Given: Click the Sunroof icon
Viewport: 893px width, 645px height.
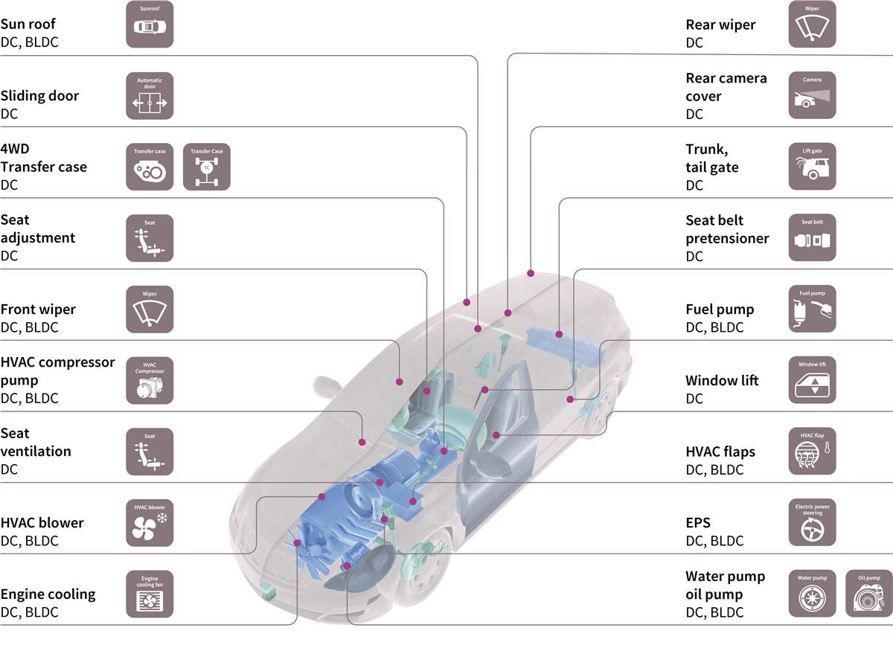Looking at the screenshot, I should pyautogui.click(x=150, y=25).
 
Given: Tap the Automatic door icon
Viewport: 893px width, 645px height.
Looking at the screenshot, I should pyautogui.click(x=150, y=96).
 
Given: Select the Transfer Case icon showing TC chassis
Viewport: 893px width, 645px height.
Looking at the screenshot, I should pyautogui.click(x=207, y=167).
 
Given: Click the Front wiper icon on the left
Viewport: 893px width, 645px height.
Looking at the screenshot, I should pyautogui.click(x=150, y=309).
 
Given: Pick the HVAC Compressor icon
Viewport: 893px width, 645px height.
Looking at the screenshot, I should pyautogui.click(x=150, y=380).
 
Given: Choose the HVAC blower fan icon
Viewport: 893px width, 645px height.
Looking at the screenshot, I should pyautogui.click(x=150, y=523).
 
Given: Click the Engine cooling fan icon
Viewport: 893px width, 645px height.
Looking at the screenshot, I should pyautogui.click(x=150, y=594).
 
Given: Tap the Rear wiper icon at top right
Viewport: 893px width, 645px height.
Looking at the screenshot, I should pyautogui.click(x=812, y=25).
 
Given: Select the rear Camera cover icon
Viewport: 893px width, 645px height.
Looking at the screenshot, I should pyautogui.click(x=812, y=96).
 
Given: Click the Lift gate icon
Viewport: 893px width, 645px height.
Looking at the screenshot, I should pyautogui.click(x=812, y=167).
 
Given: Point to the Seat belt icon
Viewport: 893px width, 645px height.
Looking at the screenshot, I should pyautogui.click(x=812, y=238).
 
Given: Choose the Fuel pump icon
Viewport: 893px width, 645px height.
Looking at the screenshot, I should pyautogui.click(x=812, y=309).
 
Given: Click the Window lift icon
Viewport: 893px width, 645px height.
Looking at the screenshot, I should pyautogui.click(x=812, y=380).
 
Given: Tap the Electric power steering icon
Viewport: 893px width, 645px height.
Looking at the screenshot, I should pyautogui.click(x=812, y=523).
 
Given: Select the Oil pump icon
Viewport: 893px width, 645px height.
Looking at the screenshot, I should pyautogui.click(x=869, y=594).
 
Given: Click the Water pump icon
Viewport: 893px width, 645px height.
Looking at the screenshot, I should pyautogui.click(x=812, y=594).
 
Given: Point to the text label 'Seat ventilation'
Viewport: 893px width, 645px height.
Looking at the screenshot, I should pyautogui.click(x=36, y=442).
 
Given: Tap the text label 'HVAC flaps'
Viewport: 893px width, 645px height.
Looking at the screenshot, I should pyautogui.click(x=720, y=451).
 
